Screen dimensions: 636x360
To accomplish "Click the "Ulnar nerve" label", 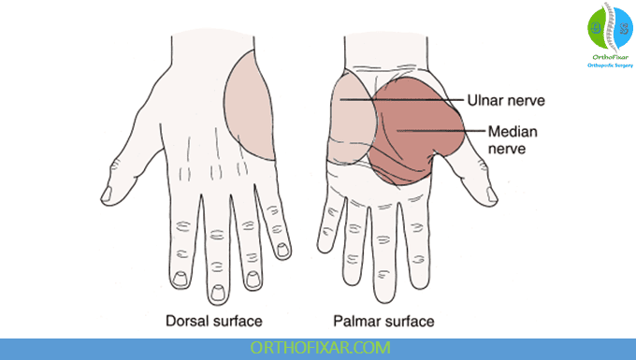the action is [506, 100].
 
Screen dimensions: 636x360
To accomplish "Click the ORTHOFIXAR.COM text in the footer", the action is [317, 347].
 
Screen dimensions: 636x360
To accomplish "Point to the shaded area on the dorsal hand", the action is [251, 103].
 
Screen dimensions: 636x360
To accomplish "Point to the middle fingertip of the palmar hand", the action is [384, 281].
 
